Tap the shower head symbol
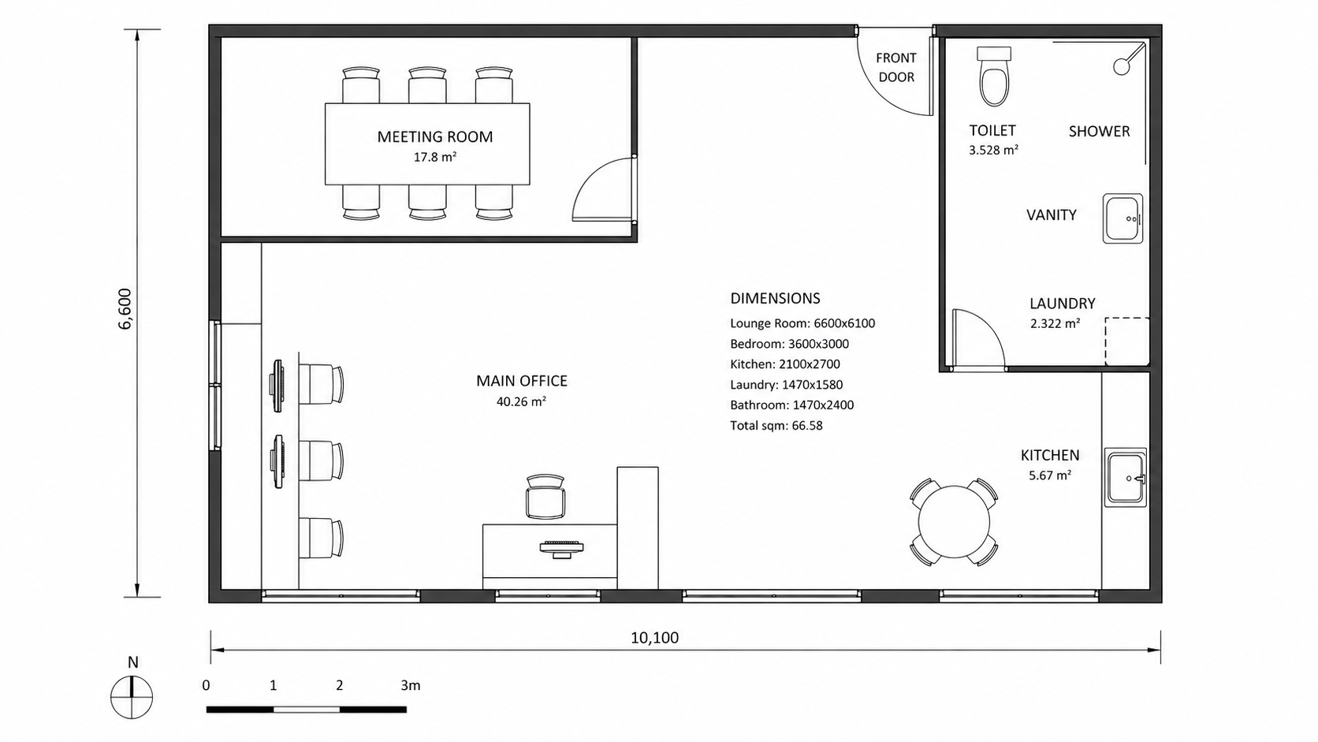[x=1122, y=66]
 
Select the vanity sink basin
[x=1123, y=218]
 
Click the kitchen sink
[x=1126, y=477]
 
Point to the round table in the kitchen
[x=954, y=522]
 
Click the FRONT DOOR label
[x=896, y=67]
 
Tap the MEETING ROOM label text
[x=435, y=136]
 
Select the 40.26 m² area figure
[x=521, y=402]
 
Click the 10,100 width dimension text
[x=654, y=638]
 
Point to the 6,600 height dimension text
[x=125, y=308]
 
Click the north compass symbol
[x=132, y=697]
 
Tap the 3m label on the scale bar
[x=411, y=685]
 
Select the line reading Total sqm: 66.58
[x=776, y=426]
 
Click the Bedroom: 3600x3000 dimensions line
[x=789, y=344]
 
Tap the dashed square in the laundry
[x=1126, y=342]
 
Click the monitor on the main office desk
[x=561, y=548]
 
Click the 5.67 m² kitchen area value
[x=1050, y=475]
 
